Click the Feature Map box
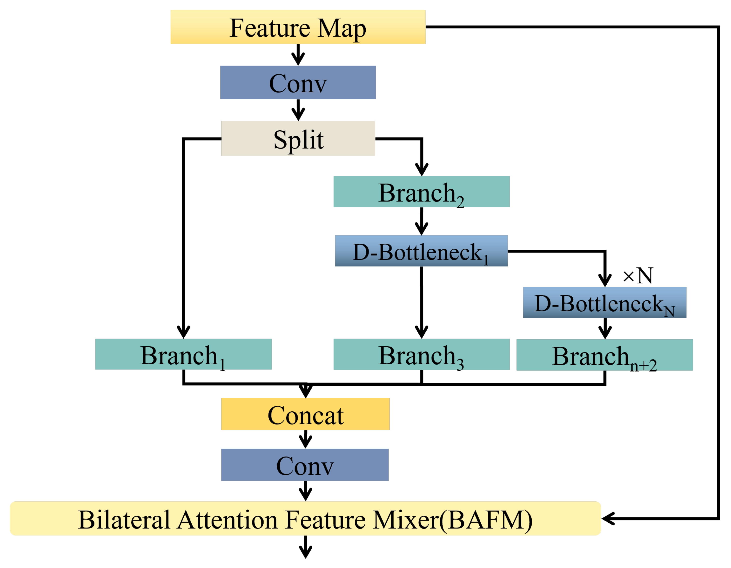[298, 27]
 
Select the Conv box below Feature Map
[298, 83]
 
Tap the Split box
[298, 139]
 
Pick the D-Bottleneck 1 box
[421, 251]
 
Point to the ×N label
[638, 276]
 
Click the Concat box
[305, 414]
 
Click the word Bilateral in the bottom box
[124, 520]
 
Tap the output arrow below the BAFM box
[306, 548]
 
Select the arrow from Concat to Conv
[306, 439]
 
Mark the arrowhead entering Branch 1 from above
[183, 332]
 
